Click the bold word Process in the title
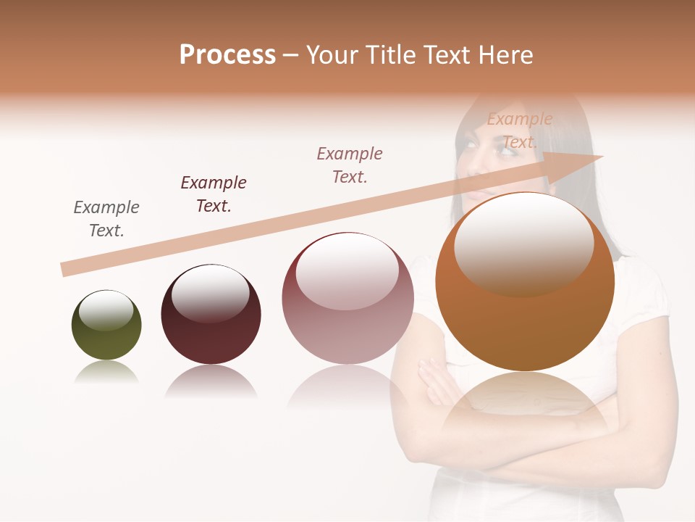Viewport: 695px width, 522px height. (227, 55)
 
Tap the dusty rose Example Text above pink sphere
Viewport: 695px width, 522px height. (350, 165)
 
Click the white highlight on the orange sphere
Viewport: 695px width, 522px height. (524, 243)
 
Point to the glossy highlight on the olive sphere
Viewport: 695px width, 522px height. (106, 310)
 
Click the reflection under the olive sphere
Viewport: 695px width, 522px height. (106, 371)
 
